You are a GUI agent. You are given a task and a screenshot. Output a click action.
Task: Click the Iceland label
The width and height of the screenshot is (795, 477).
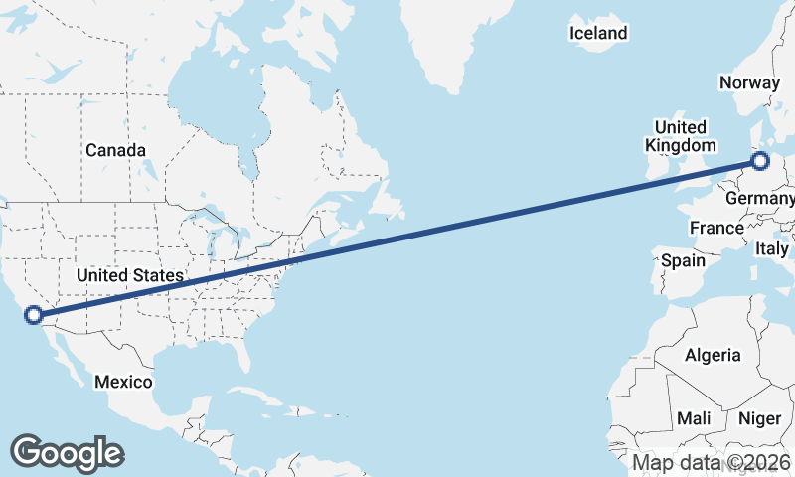click(x=598, y=33)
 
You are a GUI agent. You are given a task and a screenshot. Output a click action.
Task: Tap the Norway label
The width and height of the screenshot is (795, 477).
click(x=751, y=82)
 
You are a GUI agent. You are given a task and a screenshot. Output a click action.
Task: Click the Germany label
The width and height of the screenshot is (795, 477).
click(x=760, y=200)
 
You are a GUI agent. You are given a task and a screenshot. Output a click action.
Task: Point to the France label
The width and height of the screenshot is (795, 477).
click(x=716, y=228)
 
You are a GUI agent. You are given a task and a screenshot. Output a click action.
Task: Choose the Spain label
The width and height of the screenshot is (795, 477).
click(x=683, y=261)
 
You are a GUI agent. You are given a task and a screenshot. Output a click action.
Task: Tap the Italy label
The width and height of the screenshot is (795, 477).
click(x=772, y=247)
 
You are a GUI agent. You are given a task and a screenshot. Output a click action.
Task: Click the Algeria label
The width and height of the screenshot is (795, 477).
click(x=713, y=355)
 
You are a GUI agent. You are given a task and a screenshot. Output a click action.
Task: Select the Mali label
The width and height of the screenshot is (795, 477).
click(x=693, y=418)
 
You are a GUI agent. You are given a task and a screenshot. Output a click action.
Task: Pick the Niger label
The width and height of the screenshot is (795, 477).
click(x=760, y=418)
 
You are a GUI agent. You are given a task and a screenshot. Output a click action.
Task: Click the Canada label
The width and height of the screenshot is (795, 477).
click(x=115, y=150)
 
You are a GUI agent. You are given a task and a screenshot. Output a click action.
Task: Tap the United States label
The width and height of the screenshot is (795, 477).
click(x=129, y=275)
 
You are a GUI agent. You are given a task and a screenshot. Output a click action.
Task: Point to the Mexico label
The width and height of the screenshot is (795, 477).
click(x=123, y=382)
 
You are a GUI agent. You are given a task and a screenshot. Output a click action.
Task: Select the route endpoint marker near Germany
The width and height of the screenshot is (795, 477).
click(x=760, y=160)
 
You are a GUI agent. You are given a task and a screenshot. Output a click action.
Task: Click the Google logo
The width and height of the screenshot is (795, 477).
click(x=67, y=452)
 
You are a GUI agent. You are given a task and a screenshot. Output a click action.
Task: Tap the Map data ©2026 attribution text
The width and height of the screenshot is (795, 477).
click(x=712, y=462)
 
